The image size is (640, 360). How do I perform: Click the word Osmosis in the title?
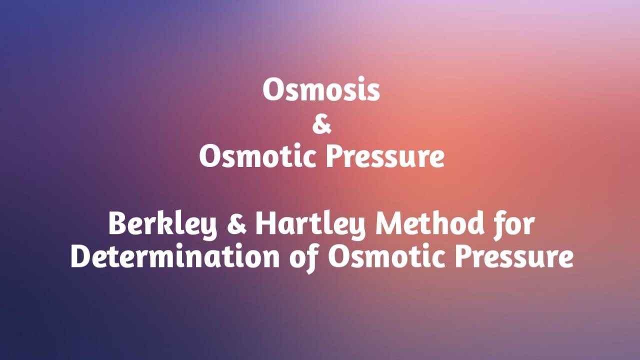tap(321, 90)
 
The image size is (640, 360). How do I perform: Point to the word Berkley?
tap(163, 224)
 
